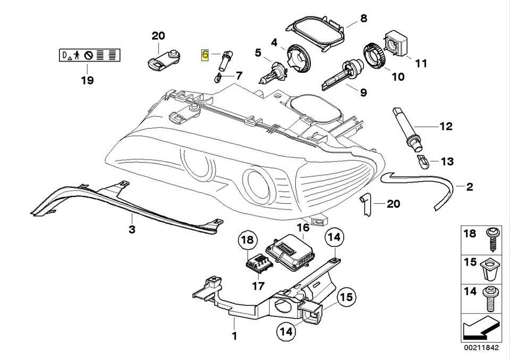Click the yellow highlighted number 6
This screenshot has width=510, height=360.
(205, 55)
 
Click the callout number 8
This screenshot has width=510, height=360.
(363, 19)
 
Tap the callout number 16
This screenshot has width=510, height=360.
(302, 228)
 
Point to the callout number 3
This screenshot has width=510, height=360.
(132, 229)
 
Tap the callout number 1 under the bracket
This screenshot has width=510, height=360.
(234, 336)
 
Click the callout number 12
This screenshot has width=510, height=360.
(445, 126)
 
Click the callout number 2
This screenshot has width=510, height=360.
(470, 187)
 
